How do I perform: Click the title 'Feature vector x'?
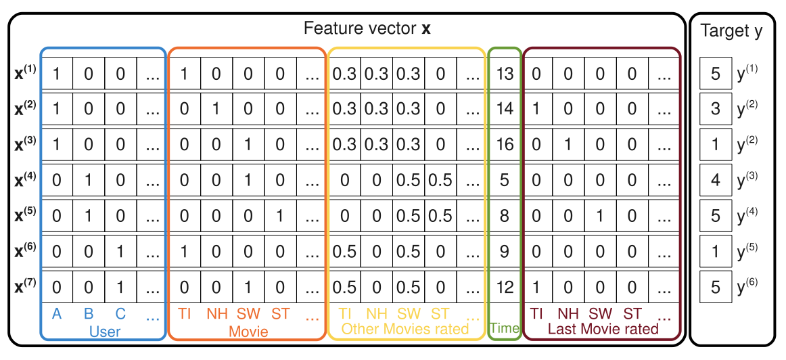pos(367,29)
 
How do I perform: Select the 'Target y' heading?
pos(731,31)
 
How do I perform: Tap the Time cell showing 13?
pos(505,73)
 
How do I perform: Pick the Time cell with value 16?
pos(505,144)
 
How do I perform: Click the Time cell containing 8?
pos(505,216)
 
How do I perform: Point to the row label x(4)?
pos(26,181)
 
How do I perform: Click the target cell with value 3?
pos(716,109)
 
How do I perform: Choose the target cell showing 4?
pos(716,181)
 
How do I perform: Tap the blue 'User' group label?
pos(104,331)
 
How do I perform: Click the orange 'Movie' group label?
pos(248,332)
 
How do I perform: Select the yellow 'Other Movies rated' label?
pos(405,329)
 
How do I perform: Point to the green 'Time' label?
pos(505,329)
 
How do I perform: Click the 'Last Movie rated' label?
pos(603,329)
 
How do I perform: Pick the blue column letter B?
pos(88,313)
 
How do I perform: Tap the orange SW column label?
pos(248,314)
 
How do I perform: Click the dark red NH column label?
pos(568,314)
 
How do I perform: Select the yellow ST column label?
pos(440,314)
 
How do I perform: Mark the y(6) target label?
pos(747,286)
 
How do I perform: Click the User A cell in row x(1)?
pos(56,73)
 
